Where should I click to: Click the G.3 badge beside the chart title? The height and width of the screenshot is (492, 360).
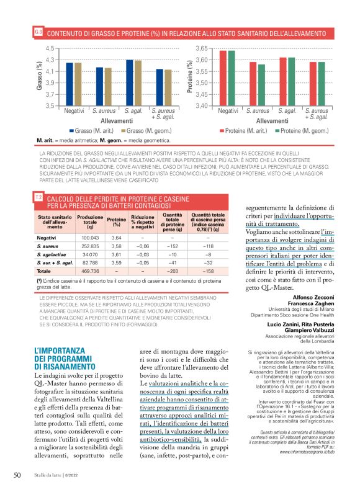coord(39,31)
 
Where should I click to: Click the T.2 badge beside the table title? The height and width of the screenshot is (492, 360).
coord(38,198)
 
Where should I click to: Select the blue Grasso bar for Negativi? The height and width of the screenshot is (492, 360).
coord(70,84)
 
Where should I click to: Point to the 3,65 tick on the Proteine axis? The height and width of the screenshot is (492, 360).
coord(200,48)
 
